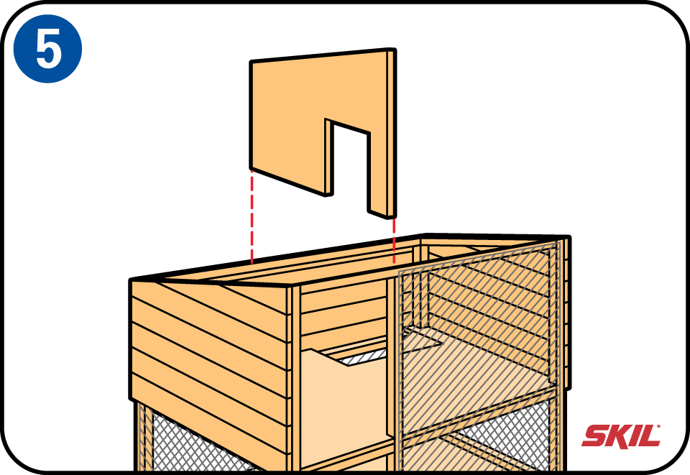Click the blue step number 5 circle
click(x=47, y=48)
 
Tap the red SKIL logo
click(x=621, y=436)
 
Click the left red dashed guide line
click(x=252, y=217)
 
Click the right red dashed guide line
click(x=394, y=241)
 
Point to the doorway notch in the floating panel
click(x=350, y=167)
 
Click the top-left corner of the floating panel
click(x=250, y=62)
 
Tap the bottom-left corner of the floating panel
click(x=250, y=169)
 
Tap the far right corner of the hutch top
click(x=569, y=238)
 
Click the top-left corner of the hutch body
click(x=131, y=280)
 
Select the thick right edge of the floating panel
click(x=391, y=133)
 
